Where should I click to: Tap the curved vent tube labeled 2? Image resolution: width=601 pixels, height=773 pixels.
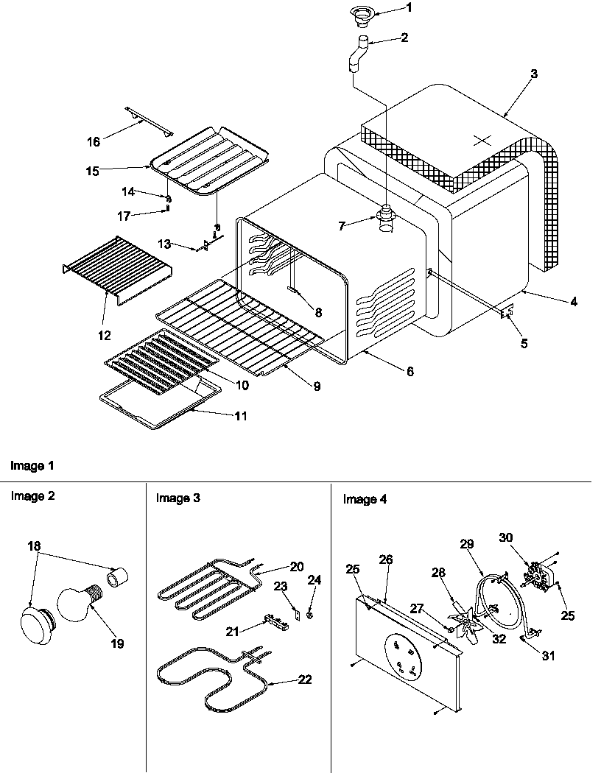[359, 52]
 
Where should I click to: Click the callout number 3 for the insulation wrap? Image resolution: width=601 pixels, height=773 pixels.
[533, 74]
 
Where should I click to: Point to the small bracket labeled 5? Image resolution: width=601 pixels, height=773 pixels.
[507, 313]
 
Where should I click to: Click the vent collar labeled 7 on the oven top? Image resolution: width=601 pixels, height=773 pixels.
[386, 216]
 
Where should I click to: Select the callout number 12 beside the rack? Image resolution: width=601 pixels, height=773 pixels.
[103, 335]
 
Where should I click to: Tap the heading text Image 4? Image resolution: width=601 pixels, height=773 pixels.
[365, 500]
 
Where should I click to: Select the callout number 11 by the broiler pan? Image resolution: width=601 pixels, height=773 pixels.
[241, 416]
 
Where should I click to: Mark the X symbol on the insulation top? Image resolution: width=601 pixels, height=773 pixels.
[481, 139]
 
